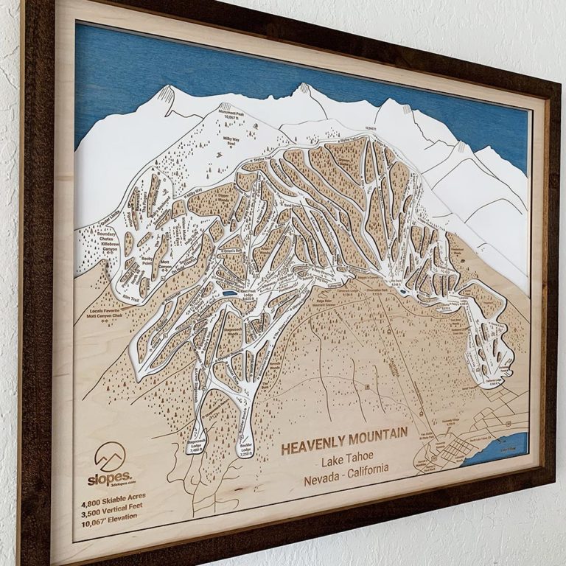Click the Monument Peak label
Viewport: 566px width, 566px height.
click(230, 109)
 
